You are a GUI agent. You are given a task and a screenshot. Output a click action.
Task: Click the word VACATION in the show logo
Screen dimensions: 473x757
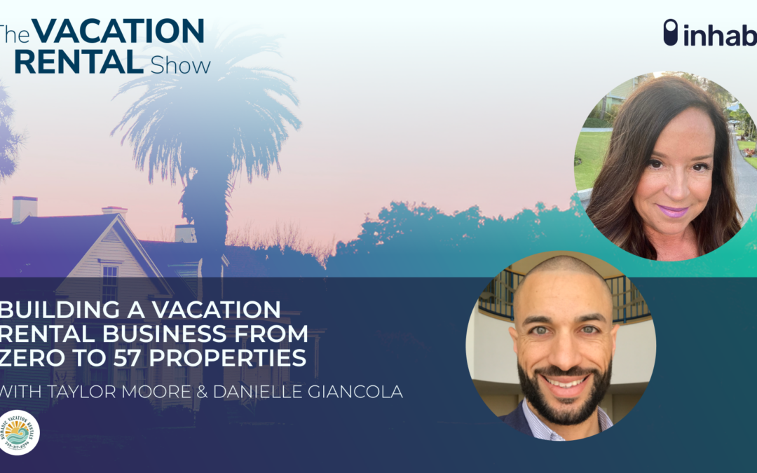(118, 32)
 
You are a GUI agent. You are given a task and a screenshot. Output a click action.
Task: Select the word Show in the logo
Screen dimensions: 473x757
(180, 66)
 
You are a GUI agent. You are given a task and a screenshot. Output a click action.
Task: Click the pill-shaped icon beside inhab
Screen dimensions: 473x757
(671, 32)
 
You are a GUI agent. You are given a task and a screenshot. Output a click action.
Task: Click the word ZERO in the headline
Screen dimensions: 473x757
(28, 357)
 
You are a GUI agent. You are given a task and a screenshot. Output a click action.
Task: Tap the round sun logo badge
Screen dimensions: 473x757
(18, 432)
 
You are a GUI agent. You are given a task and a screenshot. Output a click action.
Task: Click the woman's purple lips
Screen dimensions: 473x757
(672, 211)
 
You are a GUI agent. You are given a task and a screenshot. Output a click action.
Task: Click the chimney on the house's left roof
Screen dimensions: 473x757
(24, 210)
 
